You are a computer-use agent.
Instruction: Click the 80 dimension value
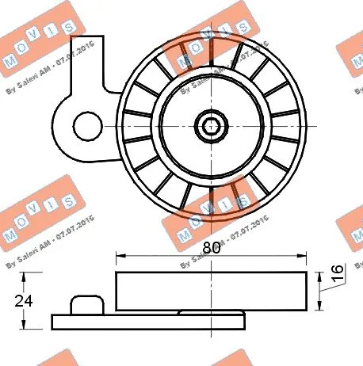tap(211, 246)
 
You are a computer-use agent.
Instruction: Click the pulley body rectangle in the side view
tap(211, 291)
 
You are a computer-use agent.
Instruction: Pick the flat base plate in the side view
tap(148, 321)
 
